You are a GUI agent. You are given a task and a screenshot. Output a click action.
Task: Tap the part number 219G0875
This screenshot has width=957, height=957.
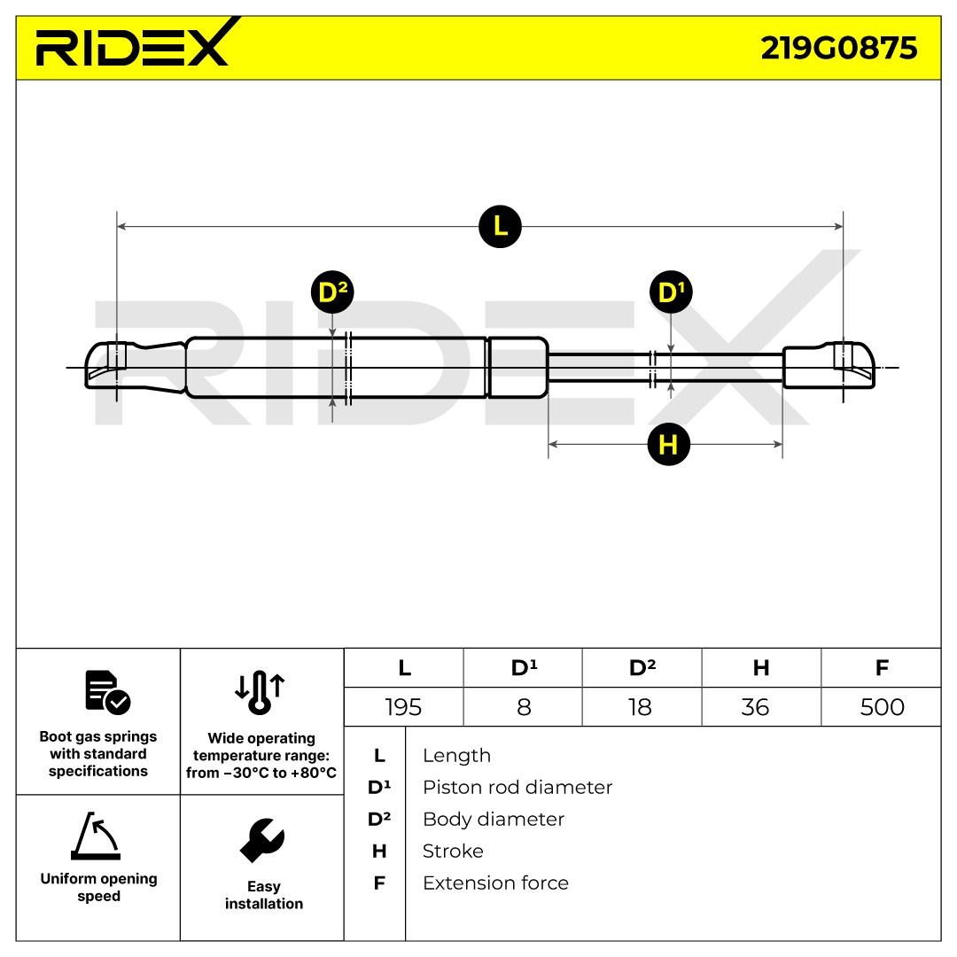click(838, 48)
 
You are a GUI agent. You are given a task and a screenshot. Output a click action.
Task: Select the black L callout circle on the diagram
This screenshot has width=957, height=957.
click(500, 226)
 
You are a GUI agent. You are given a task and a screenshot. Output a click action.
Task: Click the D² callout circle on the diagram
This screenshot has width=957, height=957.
click(332, 292)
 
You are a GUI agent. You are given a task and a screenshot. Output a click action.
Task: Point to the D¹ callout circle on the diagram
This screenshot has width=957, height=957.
click(670, 292)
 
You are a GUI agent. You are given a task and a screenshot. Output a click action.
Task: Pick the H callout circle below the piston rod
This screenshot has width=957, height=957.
click(668, 443)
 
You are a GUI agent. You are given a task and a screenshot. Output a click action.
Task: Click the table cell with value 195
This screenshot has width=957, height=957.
click(403, 706)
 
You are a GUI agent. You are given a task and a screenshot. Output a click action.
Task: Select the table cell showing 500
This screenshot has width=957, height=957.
click(881, 706)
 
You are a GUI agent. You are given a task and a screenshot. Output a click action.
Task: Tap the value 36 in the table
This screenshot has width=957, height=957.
click(760, 706)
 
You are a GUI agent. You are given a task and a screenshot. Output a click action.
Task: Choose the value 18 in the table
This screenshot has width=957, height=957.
click(642, 706)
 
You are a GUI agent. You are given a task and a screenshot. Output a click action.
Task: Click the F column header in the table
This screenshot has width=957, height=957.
click(881, 668)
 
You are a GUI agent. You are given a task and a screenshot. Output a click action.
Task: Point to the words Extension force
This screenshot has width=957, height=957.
click(495, 883)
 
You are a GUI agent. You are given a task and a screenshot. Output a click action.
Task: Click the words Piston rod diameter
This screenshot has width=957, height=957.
click(517, 787)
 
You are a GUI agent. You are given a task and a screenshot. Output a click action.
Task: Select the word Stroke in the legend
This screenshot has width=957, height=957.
click(453, 851)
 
